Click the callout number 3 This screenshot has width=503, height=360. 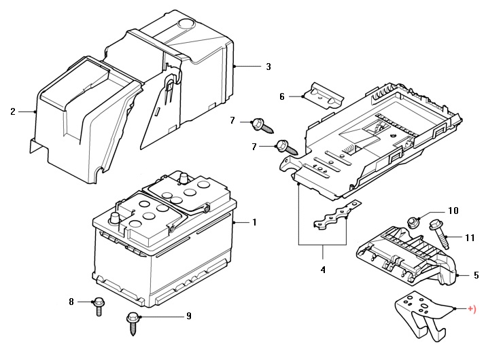coord(268,67)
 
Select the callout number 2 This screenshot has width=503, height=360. coord(12,111)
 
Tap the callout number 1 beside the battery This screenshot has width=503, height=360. coord(254,222)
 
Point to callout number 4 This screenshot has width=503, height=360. coord(323,270)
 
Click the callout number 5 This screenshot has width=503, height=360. coord(476,275)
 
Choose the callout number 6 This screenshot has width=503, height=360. coord(282,96)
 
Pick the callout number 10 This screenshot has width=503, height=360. coord(453,211)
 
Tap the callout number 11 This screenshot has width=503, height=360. coord(470,238)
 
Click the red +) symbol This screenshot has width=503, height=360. coord(472,309)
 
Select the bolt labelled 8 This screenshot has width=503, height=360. coord(99,306)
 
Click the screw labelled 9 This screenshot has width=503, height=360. coord(133,324)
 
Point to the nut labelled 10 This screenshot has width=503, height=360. coord(413,222)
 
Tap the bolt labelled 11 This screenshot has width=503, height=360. coord(440,234)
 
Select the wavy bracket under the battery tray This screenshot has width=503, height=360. coord(337,215)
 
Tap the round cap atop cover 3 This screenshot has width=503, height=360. coord(186,24)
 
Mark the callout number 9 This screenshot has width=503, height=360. coord(189,316)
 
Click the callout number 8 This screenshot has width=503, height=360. coord(71,302)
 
